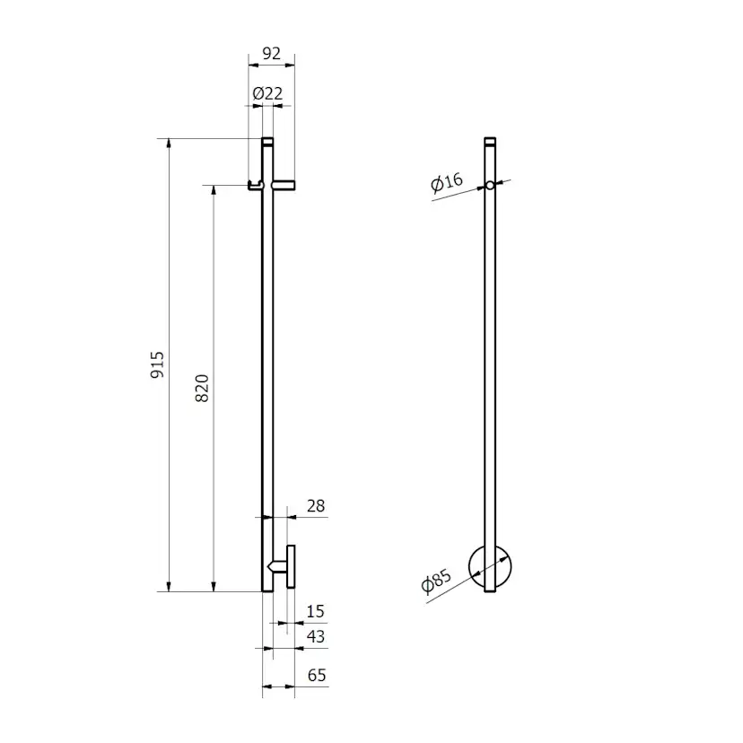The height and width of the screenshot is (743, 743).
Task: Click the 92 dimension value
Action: tap(272, 53)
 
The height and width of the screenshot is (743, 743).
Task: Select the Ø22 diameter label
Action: tap(267, 93)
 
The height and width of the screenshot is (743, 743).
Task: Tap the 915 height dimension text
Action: tap(157, 365)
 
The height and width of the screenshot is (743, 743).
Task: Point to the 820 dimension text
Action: tap(202, 388)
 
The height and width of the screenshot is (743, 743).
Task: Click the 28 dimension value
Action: tap(316, 506)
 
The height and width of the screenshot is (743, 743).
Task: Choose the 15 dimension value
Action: tap(315, 611)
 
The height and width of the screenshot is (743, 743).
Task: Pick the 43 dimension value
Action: tap(316, 636)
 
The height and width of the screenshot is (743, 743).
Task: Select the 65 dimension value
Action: tap(317, 675)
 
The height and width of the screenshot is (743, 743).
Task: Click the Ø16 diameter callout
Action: tap(446, 182)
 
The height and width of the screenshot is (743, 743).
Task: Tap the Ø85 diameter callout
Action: tap(436, 581)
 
